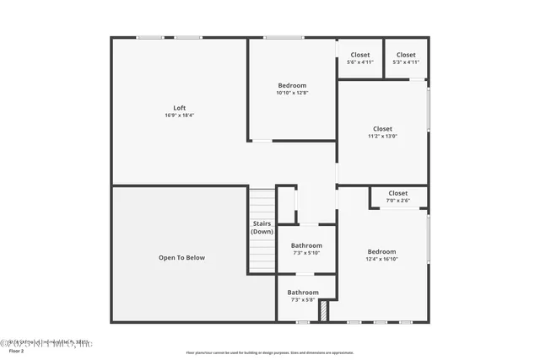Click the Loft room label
pos(180,107)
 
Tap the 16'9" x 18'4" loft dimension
pos(180,115)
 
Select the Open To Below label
pos(181,258)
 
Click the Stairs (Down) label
pos(262,228)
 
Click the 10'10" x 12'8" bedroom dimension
pos(292,93)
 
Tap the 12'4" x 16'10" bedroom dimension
pos(381,260)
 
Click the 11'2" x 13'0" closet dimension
pos(381,137)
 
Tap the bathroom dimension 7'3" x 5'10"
pos(306,253)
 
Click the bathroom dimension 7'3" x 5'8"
pos(303,299)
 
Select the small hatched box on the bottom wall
pos(322,312)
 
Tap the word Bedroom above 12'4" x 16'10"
pos(381,252)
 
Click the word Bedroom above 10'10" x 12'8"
pos(292,85)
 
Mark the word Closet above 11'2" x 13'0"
pos(381,129)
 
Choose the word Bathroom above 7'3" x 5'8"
pos(303,293)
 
